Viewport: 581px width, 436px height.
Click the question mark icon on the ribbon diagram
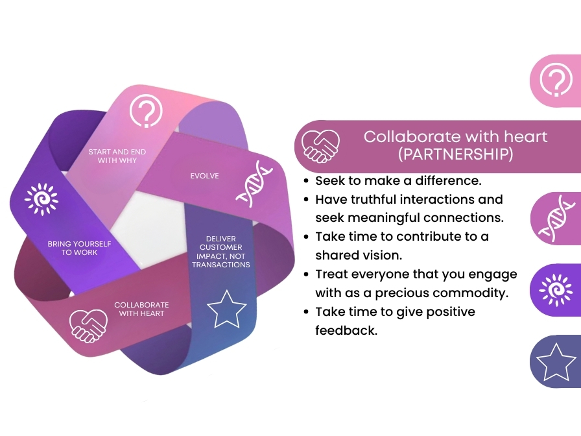pyautogui.click(x=146, y=112)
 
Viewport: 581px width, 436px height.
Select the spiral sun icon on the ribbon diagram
pyautogui.click(x=41, y=199)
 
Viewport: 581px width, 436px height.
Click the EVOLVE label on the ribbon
pyautogui.click(x=204, y=176)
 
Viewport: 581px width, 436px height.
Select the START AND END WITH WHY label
pyautogui.click(x=117, y=156)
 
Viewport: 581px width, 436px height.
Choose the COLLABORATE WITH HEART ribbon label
pyautogui.click(x=141, y=309)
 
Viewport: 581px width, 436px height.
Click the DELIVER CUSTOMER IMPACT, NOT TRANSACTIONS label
pyautogui.click(x=220, y=252)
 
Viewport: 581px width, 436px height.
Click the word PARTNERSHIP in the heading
pyautogui.click(x=456, y=155)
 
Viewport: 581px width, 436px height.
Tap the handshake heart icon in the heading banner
pyautogui.click(x=322, y=145)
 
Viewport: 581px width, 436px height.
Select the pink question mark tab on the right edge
pyautogui.click(x=556, y=81)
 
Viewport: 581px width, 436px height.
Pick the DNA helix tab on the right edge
pyautogui.click(x=556, y=218)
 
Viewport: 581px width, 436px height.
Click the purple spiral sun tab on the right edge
pyautogui.click(x=556, y=290)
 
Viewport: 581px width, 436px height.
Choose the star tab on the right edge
pyautogui.click(x=556, y=361)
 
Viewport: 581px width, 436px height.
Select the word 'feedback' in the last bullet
pyautogui.click(x=346, y=330)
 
